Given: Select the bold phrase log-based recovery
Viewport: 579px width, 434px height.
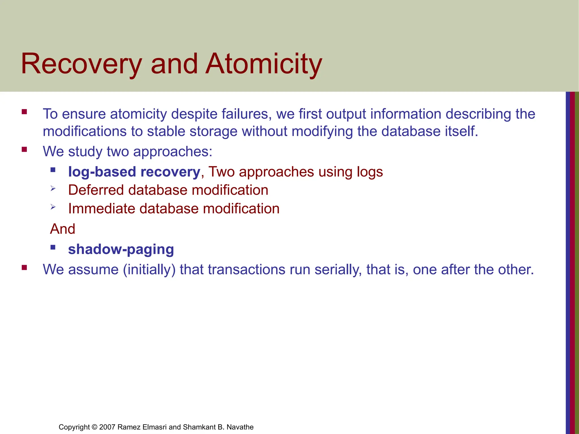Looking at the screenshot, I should [134, 172].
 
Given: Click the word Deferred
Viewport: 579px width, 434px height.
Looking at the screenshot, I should [96, 190].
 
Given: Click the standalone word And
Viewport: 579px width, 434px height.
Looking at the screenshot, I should [62, 229].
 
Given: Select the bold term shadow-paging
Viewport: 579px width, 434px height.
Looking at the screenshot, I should [121, 249].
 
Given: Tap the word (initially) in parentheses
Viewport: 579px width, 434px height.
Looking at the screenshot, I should [149, 270].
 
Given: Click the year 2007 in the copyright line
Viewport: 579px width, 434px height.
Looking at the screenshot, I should [107, 427].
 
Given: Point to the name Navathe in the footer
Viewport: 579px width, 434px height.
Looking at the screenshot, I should [240, 427].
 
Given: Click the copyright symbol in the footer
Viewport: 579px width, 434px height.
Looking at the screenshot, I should [94, 427].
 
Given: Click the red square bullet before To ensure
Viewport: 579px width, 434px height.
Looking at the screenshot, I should [24, 112].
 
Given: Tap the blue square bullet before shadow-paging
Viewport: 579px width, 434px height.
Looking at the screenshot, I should [53, 247].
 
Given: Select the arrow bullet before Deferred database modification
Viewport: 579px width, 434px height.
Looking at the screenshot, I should [53, 188].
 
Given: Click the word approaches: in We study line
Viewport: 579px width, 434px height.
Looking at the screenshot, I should [172, 152].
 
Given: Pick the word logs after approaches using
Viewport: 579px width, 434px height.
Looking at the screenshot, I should [370, 172].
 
